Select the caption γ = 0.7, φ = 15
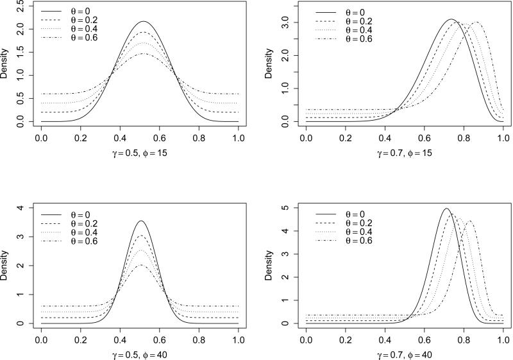click(x=405, y=154)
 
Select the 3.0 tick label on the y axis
click(x=280, y=22)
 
